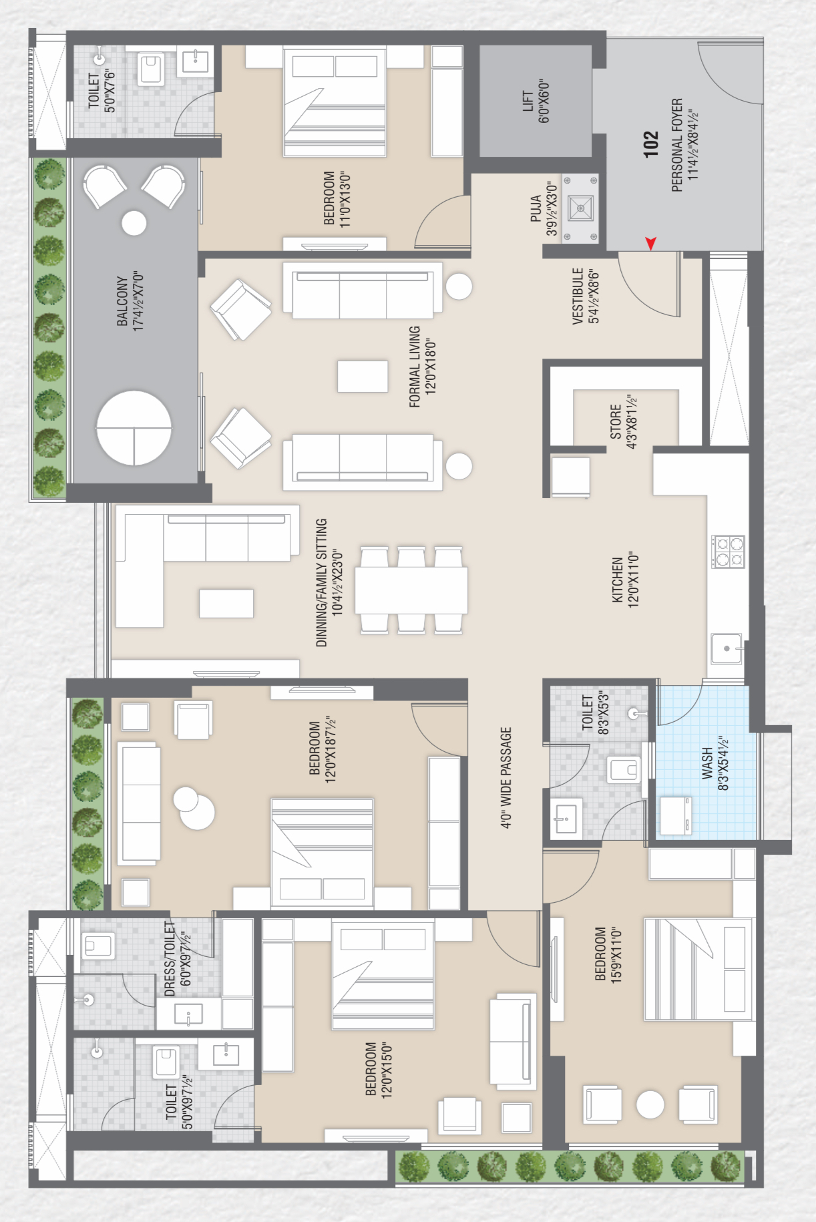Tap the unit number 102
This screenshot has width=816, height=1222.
tap(651, 144)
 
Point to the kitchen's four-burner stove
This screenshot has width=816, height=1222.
tap(728, 552)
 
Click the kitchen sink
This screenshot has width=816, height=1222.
tap(727, 648)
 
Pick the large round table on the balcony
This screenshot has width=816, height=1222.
tap(134, 428)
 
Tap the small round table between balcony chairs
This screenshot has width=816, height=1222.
tap(134, 223)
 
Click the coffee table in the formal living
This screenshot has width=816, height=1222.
tap(363, 376)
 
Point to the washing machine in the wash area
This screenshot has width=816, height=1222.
tap(674, 815)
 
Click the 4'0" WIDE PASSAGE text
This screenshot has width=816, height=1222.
tap(506, 778)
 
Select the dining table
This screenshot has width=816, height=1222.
tap(411, 590)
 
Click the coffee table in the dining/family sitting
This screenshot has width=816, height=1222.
tap(226, 603)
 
